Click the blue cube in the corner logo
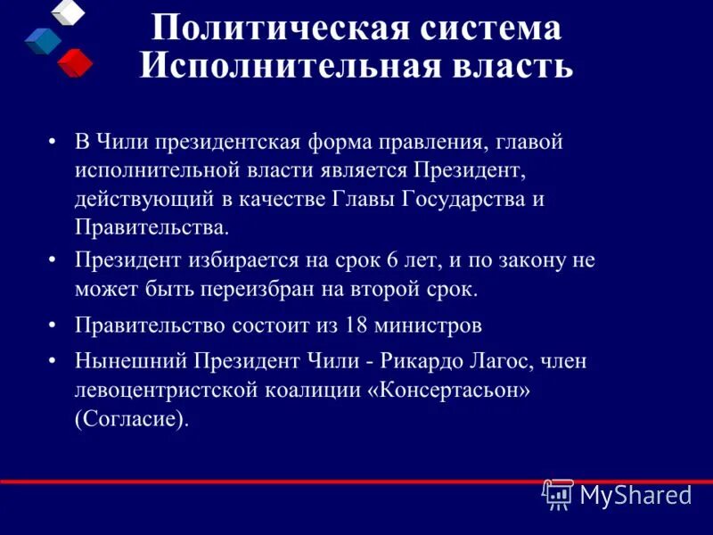pos(43,40)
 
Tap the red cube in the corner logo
pos(75,62)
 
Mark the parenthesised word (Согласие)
pos(132,418)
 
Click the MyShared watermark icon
pos(558,493)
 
